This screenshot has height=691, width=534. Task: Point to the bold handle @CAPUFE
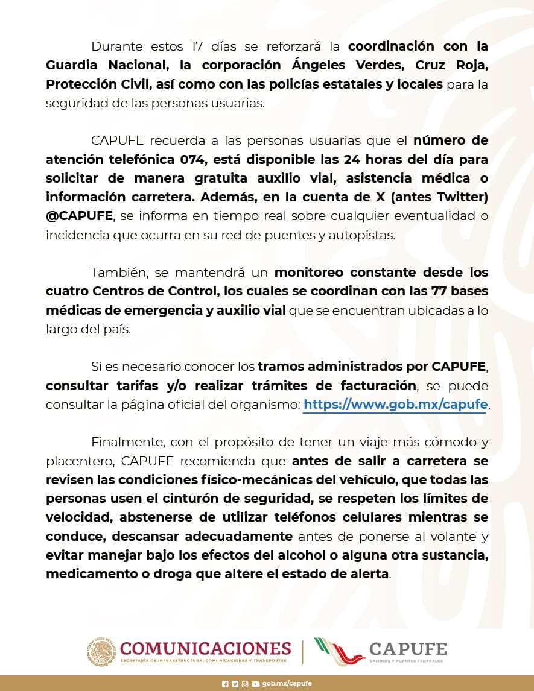tap(79, 216)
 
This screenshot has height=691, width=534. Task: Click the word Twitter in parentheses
tap(461, 197)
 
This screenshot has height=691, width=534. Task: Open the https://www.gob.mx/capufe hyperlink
tap(395, 404)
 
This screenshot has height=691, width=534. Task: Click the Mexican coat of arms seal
tap(101, 652)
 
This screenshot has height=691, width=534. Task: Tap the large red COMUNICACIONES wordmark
tap(206, 648)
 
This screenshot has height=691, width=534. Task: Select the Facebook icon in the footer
tap(225, 684)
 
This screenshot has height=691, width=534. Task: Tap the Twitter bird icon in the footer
tap(235, 684)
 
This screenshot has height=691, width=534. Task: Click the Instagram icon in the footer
tap(244, 684)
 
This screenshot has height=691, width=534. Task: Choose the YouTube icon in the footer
tap(255, 684)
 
